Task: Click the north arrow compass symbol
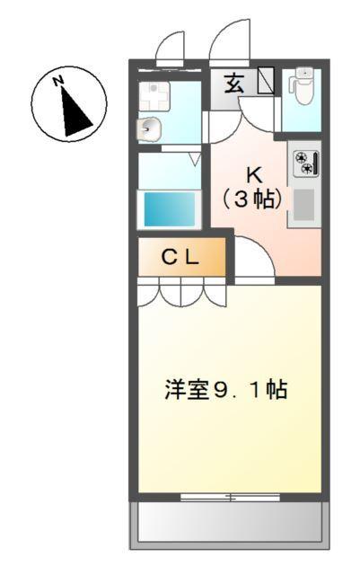(69, 105)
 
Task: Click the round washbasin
(148, 129)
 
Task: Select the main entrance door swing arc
(229, 40)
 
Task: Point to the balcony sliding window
(229, 496)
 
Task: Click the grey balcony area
(228, 523)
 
